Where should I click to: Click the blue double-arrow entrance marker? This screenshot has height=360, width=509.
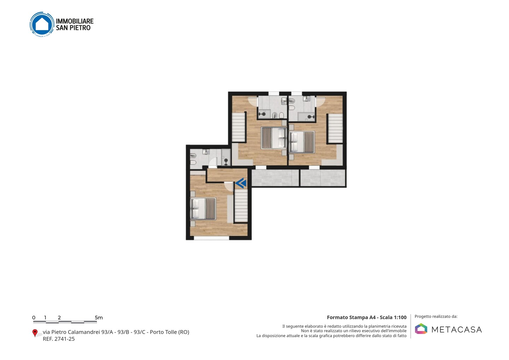click(x=241, y=183)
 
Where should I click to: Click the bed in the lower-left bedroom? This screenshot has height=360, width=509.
click(x=203, y=209)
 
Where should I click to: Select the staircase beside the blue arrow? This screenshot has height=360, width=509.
click(x=241, y=206)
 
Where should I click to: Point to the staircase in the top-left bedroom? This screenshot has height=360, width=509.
click(x=238, y=127)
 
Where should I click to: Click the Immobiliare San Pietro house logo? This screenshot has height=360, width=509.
click(x=42, y=24)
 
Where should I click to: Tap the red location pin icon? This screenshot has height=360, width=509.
click(x=35, y=333)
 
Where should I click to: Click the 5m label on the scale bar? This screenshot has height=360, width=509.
click(x=99, y=318)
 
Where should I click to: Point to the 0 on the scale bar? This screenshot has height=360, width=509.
click(x=34, y=318)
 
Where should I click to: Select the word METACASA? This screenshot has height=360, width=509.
click(x=457, y=330)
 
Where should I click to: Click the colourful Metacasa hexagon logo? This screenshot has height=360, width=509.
click(x=421, y=329)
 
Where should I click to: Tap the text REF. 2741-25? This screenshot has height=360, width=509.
click(x=59, y=339)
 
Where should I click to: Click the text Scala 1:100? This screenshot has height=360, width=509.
click(x=393, y=317)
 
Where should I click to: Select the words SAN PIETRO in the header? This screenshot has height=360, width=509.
click(x=73, y=28)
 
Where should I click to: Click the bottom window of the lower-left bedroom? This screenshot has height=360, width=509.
click(x=211, y=238)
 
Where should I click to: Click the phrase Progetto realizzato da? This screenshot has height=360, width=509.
click(x=436, y=317)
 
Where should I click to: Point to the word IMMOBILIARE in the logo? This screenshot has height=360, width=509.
click(x=75, y=21)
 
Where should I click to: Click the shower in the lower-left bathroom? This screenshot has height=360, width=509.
click(x=226, y=157)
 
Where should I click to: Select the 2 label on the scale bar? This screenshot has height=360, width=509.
click(x=59, y=318)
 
